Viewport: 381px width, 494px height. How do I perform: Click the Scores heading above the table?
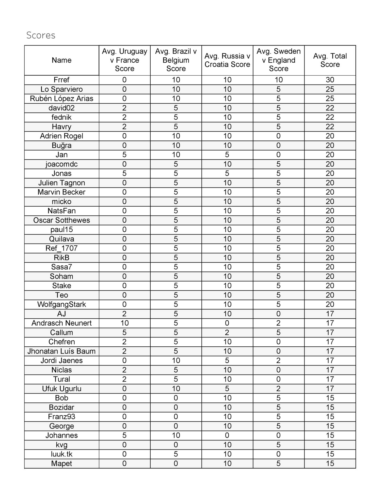coord(41,35)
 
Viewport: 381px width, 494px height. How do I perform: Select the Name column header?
coord(61,60)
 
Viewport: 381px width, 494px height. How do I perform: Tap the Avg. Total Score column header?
coord(330,60)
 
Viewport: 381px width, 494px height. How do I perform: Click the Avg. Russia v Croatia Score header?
coord(227,60)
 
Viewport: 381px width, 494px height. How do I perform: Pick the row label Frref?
coord(61,80)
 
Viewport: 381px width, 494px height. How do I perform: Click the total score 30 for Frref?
coord(330,80)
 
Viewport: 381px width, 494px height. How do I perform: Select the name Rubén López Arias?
coord(61,98)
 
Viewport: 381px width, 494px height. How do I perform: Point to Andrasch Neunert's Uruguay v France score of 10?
coord(124,323)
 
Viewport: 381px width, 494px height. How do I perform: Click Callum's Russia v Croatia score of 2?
coord(227,332)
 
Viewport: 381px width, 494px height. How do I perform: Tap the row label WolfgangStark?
coord(61,304)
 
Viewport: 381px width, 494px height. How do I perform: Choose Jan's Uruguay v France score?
coord(124,155)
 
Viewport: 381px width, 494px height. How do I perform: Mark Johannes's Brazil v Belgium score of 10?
coord(176,435)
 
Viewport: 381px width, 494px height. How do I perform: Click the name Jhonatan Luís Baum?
coord(61,351)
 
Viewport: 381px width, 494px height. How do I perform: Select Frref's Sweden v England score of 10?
coord(278,80)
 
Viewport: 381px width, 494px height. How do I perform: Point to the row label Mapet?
coord(61,463)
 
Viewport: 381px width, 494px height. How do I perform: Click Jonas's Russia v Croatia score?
coord(227,173)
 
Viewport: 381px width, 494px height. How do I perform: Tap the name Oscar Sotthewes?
coord(61,220)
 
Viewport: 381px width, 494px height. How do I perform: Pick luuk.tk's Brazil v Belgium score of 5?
coord(176,454)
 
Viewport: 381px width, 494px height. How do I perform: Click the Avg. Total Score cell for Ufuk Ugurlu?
coord(330,389)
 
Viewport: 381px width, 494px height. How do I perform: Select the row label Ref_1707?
coord(61,248)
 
